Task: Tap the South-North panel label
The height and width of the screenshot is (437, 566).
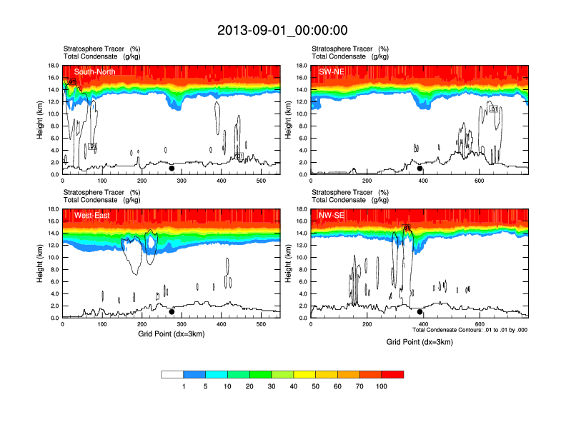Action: [96, 71]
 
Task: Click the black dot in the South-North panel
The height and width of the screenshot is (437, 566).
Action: [172, 169]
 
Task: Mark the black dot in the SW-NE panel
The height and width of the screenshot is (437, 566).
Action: [420, 169]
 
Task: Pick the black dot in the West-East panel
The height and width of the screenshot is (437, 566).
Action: [172, 312]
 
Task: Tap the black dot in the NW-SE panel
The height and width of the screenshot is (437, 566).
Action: [420, 312]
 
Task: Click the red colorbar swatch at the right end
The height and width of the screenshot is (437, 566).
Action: [392, 374]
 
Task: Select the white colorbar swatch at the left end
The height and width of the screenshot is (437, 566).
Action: [172, 374]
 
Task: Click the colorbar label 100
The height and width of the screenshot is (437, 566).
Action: [382, 386]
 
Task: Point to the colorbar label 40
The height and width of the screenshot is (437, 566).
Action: [293, 386]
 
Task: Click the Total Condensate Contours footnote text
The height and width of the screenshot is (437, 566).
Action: [470, 330]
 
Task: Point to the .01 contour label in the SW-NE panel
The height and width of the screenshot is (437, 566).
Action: [493, 109]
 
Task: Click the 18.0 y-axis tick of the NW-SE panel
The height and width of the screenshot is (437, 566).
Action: [301, 209]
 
